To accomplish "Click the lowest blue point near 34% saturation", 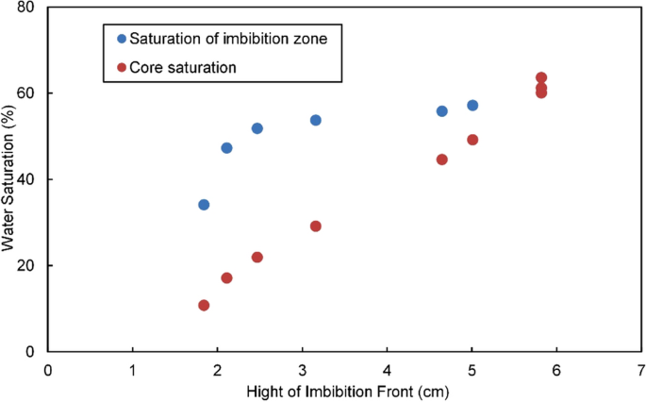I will pyautogui.click(x=204, y=205).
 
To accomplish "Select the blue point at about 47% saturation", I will pyautogui.click(x=226, y=148).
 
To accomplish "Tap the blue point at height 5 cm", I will pyautogui.click(x=472, y=106).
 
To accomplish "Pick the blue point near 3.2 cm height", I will pyautogui.click(x=316, y=120).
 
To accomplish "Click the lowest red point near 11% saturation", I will pyautogui.click(x=204, y=306).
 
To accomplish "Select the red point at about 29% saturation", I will pyautogui.click(x=316, y=226).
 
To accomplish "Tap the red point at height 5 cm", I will pyautogui.click(x=472, y=140).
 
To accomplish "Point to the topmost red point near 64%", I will pyautogui.click(x=541, y=77).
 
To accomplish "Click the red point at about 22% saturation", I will pyautogui.click(x=257, y=258).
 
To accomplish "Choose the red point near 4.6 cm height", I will pyautogui.click(x=441, y=159).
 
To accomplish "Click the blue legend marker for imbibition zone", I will pyautogui.click(x=120, y=39).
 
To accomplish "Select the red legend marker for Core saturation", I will pyautogui.click(x=120, y=67).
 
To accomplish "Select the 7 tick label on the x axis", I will pyautogui.click(x=641, y=369).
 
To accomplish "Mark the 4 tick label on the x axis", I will pyautogui.click(x=387, y=369).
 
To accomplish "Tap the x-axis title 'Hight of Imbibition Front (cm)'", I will pyautogui.click(x=345, y=391).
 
